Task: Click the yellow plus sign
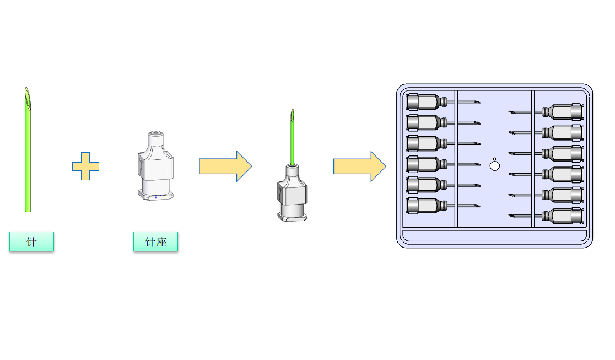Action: pos(85,166)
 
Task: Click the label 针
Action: pos(31,241)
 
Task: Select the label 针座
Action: pos(155,241)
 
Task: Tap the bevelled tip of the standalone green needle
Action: pos(27,97)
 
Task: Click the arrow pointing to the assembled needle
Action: pos(225,166)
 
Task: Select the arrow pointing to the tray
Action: pos(359,166)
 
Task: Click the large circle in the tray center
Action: pos(494,165)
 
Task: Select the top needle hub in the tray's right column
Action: pos(563,112)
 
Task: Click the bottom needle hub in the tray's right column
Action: pos(563,216)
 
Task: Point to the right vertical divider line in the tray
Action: pos(533,159)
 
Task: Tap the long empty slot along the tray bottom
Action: pos(494,237)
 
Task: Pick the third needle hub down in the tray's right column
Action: pos(563,153)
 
